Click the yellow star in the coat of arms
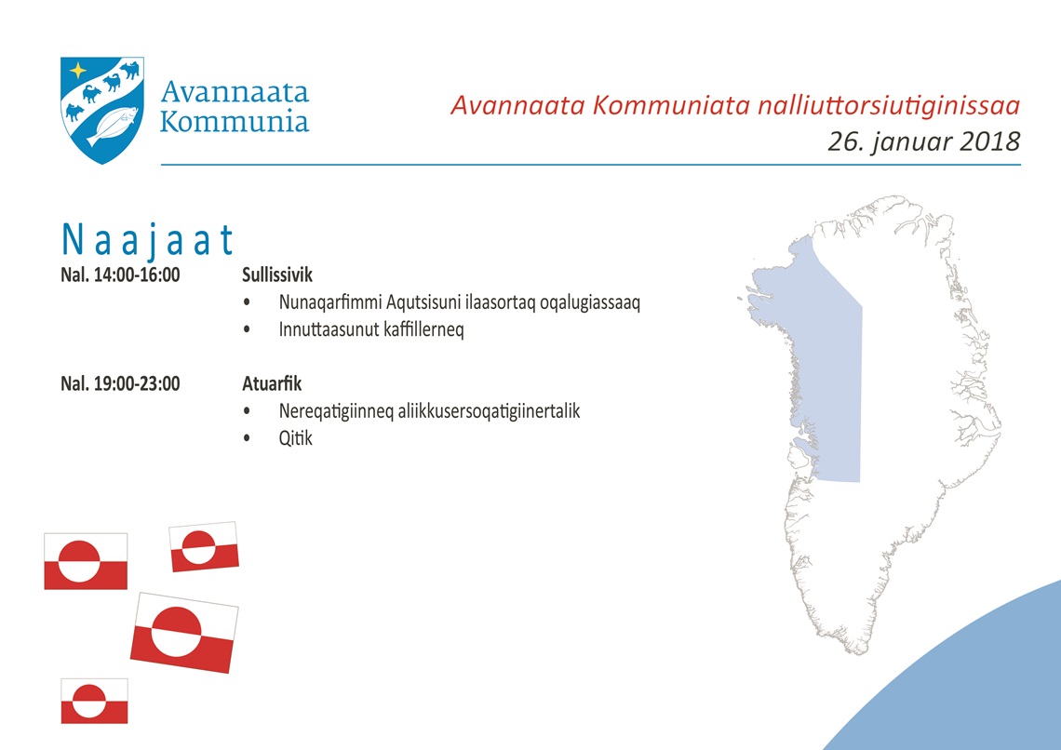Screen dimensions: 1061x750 [78, 71]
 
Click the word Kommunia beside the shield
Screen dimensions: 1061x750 [235, 122]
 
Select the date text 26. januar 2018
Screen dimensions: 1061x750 [923, 141]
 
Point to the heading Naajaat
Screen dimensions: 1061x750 [147, 240]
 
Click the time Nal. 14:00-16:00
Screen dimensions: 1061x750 [120, 275]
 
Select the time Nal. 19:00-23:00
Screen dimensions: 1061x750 [120, 383]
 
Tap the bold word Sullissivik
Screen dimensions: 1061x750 [277, 275]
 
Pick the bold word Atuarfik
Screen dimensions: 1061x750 [272, 383]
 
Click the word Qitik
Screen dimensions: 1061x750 [296, 438]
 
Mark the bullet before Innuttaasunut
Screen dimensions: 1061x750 [247, 329]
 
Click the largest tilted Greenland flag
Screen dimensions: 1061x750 [184, 633]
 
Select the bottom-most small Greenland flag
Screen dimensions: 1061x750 [94, 702]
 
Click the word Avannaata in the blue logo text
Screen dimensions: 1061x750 [235, 91]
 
